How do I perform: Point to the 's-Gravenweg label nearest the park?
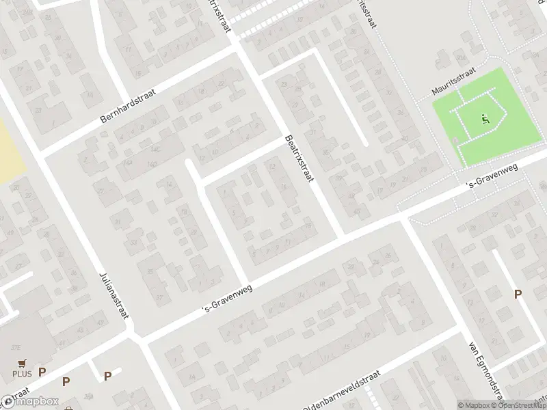(x=491, y=178)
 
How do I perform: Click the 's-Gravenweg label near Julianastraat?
(x=228, y=299)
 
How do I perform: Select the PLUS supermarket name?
(x=22, y=373)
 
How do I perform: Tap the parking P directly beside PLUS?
(x=42, y=372)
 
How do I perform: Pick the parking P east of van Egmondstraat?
(x=518, y=294)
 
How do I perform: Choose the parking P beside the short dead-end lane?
(x=107, y=376)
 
